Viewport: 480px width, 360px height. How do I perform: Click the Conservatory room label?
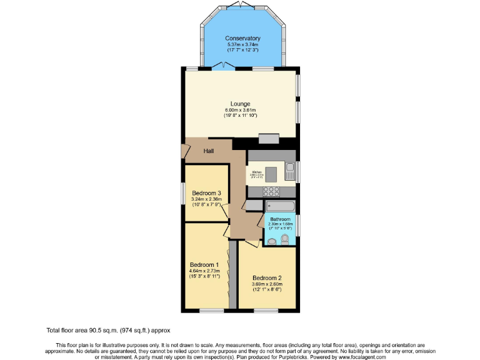coord(242,39)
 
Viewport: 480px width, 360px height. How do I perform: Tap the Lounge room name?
coord(240,104)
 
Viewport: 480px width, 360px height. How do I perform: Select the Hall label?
coord(209,151)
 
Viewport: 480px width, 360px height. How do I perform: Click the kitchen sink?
coord(290,168)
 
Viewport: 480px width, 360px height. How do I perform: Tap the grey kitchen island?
coord(272,172)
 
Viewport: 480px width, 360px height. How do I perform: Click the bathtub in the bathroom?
coord(279,206)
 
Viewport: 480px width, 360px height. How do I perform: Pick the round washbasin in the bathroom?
coord(271,242)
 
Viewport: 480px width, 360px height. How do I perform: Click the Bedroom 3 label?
coord(206,192)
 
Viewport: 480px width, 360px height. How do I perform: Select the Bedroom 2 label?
coord(267,278)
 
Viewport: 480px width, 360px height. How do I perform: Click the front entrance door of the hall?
coord(186,151)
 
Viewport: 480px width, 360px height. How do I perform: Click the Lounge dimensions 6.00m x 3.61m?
coord(240,110)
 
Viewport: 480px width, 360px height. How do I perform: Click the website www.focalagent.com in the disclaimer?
coord(357,357)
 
